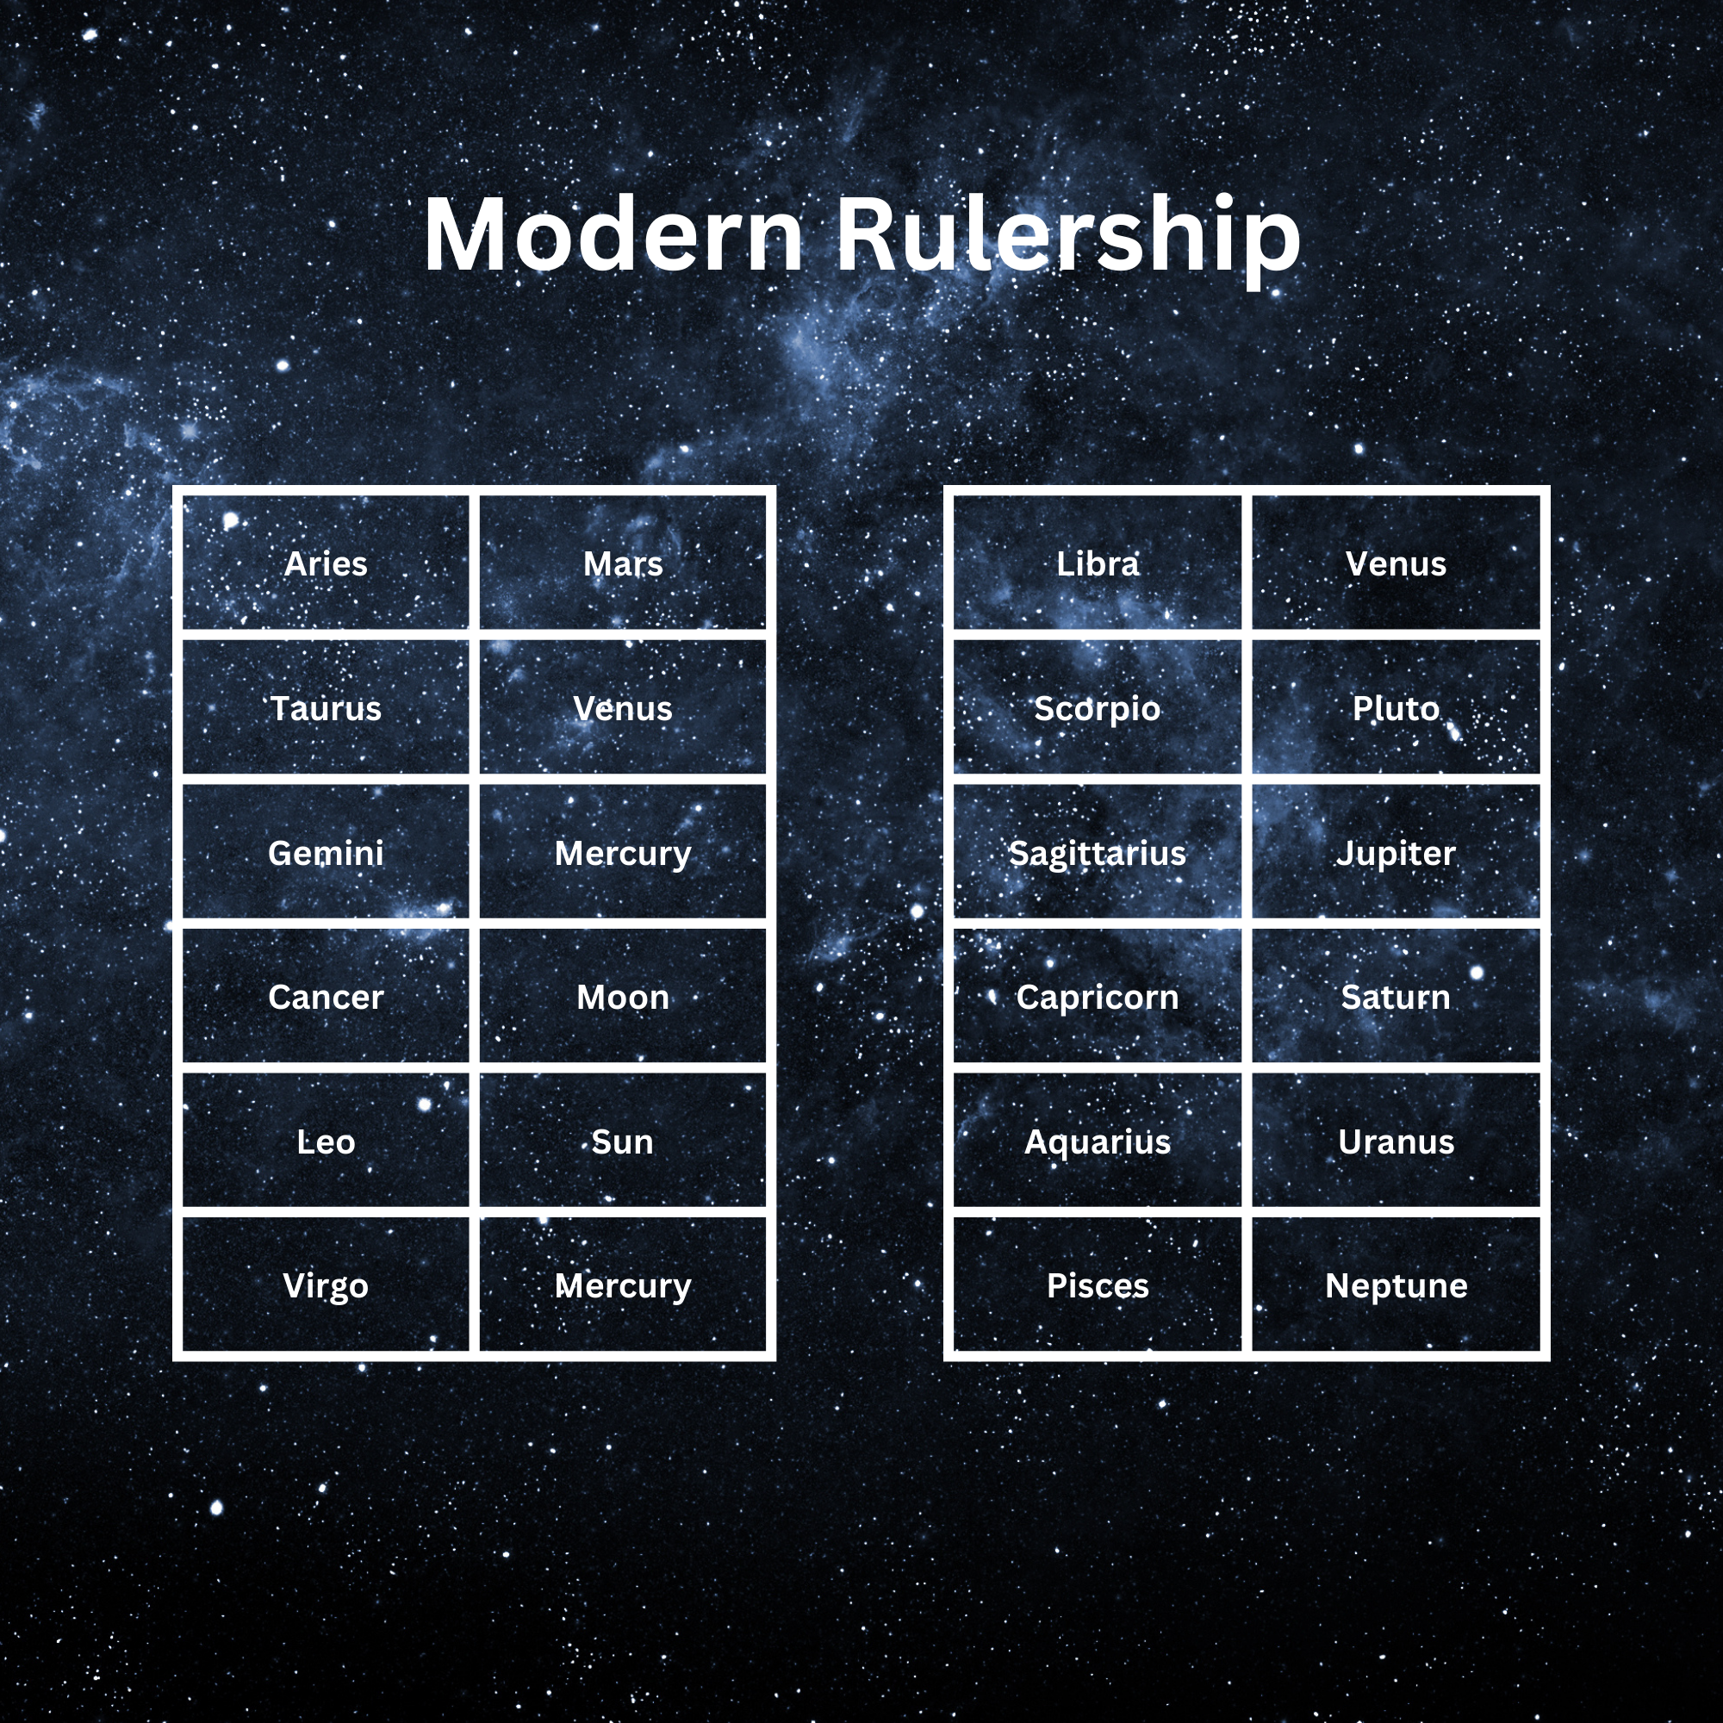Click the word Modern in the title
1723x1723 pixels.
[613, 234]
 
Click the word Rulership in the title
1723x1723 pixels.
[1067, 234]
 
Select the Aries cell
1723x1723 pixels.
[326, 563]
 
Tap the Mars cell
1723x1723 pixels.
[623, 563]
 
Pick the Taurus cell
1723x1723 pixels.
[326, 708]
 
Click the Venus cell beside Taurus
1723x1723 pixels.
[623, 708]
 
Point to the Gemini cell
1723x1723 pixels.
[326, 853]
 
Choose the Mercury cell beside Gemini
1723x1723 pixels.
[623, 853]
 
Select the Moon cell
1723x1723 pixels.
[623, 997]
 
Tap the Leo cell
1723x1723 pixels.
[326, 1141]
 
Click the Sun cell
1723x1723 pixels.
[623, 1141]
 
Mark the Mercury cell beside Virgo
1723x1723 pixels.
[623, 1285]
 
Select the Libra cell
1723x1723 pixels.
[1097, 563]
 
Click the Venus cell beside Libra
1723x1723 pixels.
[1396, 563]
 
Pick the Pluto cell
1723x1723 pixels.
[1396, 708]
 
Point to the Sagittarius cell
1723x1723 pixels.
[1097, 853]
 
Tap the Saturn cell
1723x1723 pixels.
[1396, 997]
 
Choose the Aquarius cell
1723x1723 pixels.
[1097, 1141]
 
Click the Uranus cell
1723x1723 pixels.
[1396, 1141]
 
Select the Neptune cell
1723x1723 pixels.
[1396, 1285]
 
